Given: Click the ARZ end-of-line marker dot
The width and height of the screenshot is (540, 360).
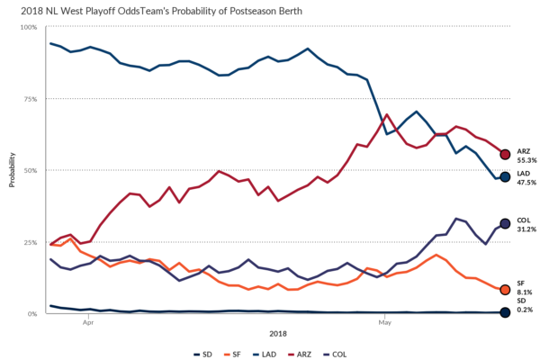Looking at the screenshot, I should tap(505, 155).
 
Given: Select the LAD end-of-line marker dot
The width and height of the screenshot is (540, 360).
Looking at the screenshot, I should tap(505, 177).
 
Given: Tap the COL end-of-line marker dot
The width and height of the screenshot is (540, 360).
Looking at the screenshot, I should tap(505, 223).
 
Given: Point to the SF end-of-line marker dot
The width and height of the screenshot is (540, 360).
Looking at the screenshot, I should tap(505, 290).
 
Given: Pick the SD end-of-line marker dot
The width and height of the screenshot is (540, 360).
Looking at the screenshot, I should tap(505, 312).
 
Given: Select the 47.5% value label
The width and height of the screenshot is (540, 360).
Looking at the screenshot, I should tap(526, 182).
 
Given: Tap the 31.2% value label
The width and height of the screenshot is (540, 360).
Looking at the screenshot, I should tap(526, 228).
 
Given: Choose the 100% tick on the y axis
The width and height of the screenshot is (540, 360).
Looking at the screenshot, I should tap(28, 27).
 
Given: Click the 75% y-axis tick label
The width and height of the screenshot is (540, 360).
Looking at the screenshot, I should tap(30, 99).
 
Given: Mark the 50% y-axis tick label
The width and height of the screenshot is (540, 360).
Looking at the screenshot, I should tap(30, 170).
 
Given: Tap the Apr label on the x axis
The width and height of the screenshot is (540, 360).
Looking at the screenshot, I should tap(88, 320).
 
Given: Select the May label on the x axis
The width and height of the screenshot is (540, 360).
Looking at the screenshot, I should tap(384, 320).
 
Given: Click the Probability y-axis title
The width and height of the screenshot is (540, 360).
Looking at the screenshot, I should tap(12, 171).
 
